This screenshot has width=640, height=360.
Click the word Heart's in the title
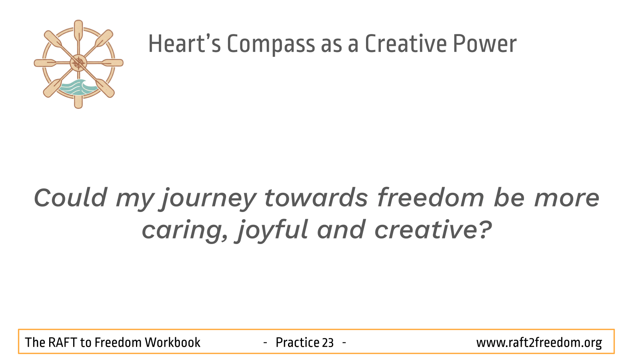point(184,44)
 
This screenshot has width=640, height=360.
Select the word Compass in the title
point(271,44)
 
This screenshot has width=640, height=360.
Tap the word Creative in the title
point(406,44)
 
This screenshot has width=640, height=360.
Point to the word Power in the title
point(485,44)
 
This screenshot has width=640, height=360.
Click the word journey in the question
point(209,199)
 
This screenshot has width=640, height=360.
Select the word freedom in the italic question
point(430,197)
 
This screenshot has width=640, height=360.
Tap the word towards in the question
point(316,197)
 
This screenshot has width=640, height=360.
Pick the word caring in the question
point(185,231)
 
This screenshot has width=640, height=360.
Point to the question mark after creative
point(484,229)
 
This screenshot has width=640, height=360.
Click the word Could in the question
point(70,197)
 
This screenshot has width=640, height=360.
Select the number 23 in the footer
point(328,343)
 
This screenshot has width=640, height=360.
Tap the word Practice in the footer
point(298,342)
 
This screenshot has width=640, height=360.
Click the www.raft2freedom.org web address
point(539,343)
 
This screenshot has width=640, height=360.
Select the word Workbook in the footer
point(172,342)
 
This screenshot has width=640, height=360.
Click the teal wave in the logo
point(77,87)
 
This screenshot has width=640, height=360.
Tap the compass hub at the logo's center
point(78,63)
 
